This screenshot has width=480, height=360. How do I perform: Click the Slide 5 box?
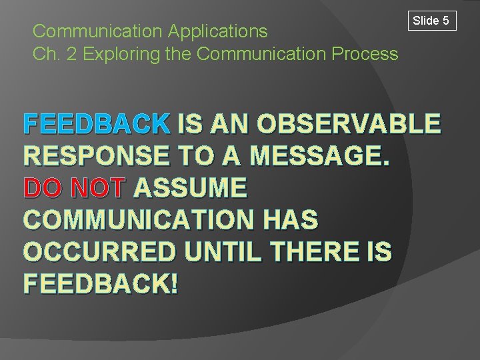(431, 21)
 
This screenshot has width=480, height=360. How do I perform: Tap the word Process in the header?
(367, 54)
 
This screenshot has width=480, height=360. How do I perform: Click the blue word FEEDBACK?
(97, 124)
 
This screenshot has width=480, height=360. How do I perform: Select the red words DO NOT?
(74, 188)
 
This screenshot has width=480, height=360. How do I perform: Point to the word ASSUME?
(191, 188)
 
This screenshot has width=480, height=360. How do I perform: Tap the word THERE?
(319, 252)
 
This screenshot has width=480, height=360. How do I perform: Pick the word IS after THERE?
(379, 252)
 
